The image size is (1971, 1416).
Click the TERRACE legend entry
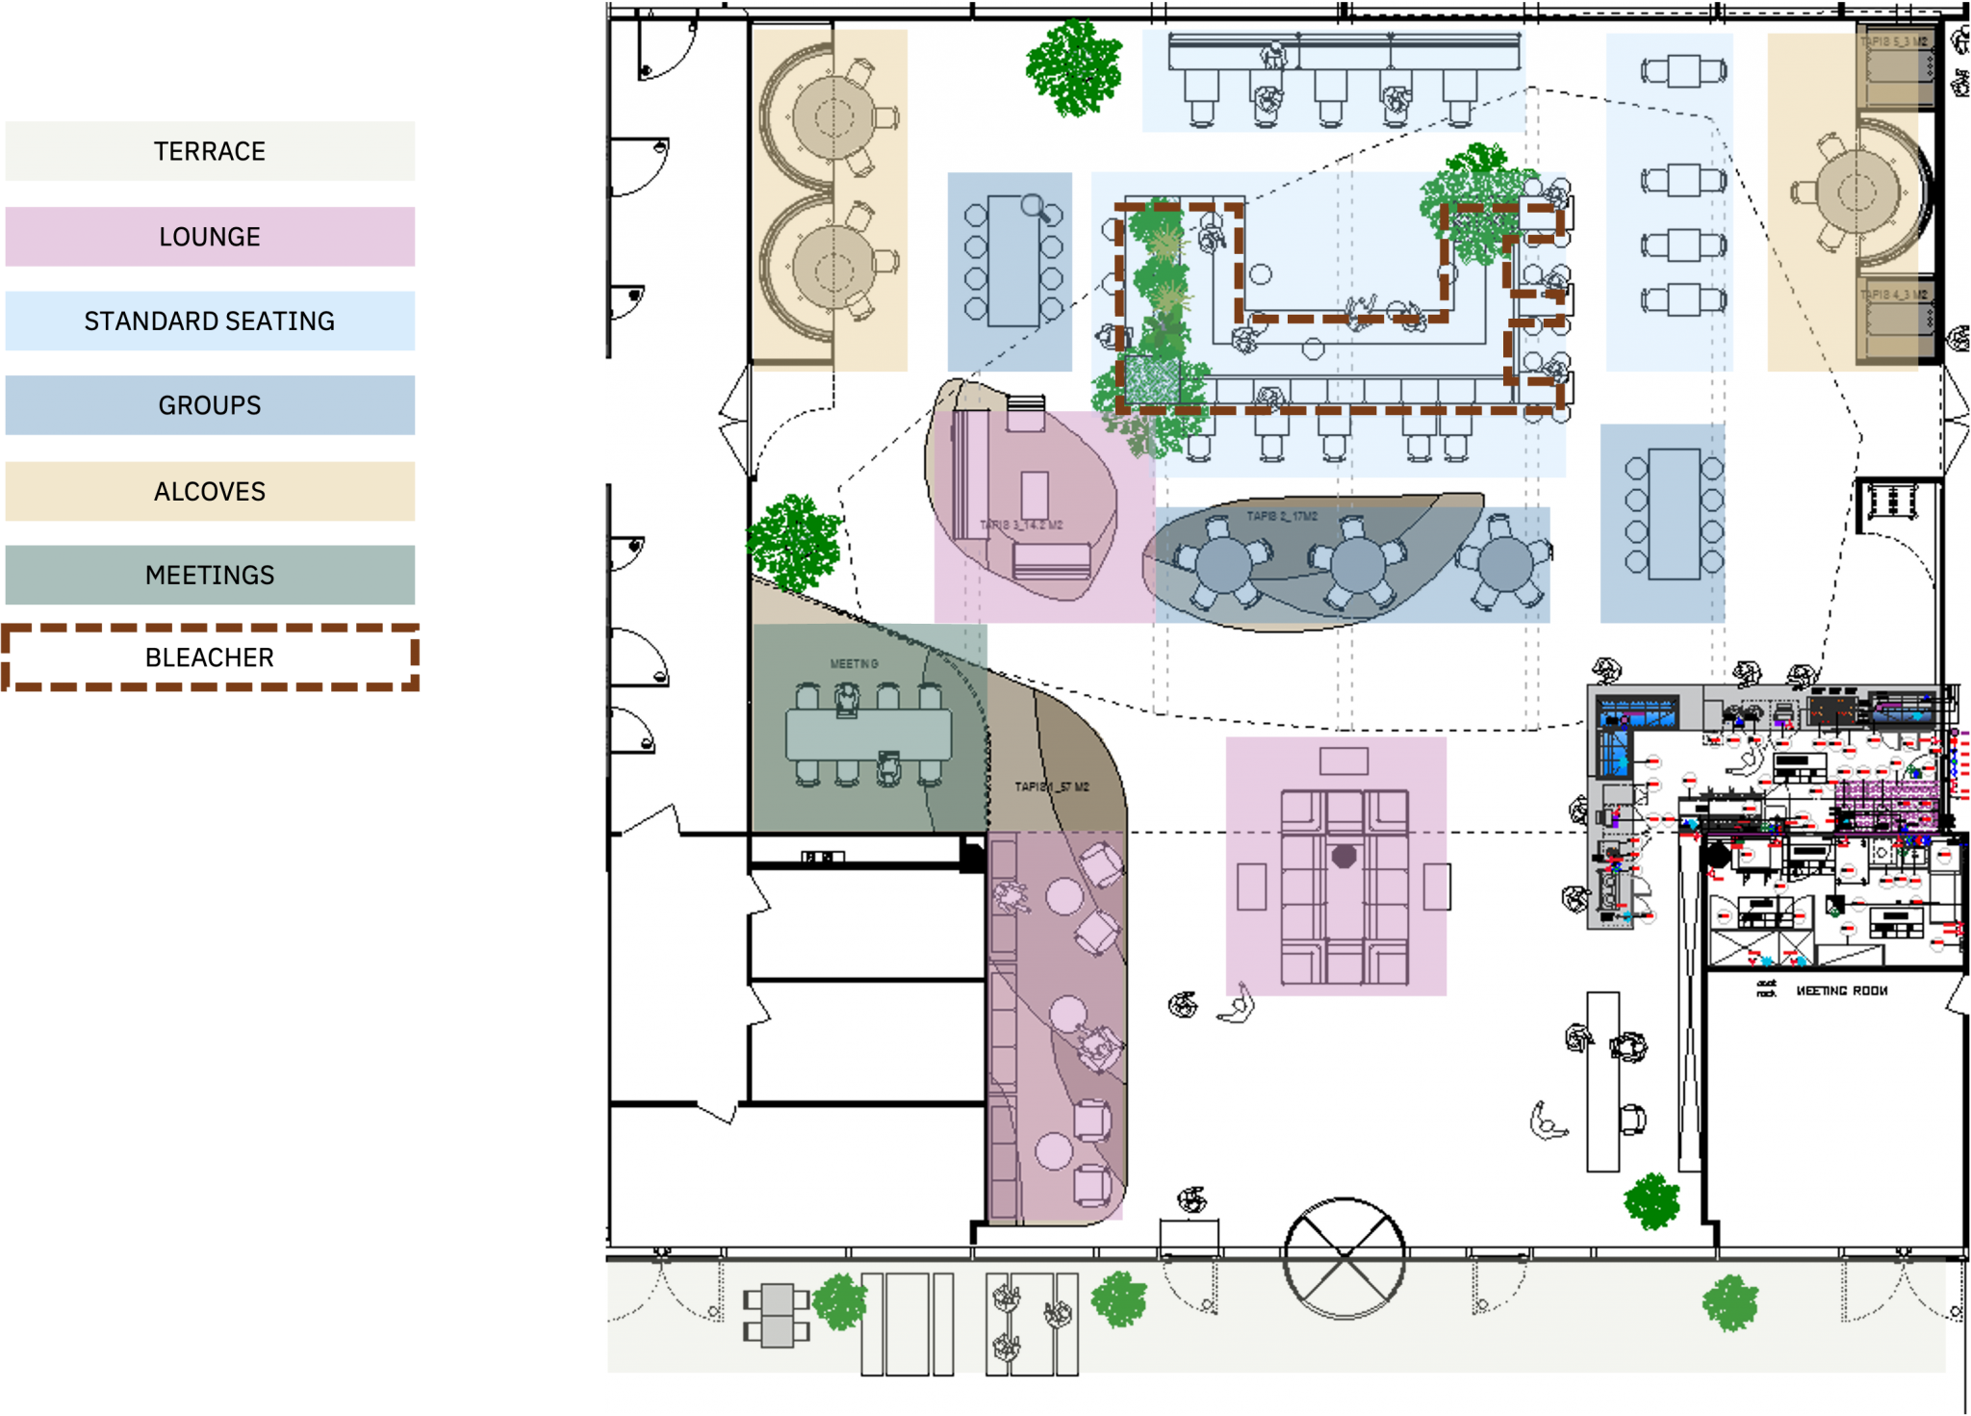(210, 151)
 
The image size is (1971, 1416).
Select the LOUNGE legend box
(210, 236)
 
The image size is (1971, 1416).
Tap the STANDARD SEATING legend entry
(210, 321)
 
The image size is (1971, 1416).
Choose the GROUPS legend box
(210, 405)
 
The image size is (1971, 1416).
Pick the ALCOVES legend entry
(210, 491)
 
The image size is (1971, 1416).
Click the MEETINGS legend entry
(210, 575)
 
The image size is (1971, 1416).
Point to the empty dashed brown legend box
(210, 657)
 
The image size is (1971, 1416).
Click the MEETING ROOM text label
(1841, 991)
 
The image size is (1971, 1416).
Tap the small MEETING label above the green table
(854, 664)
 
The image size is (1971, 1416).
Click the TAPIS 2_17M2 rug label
(1282, 517)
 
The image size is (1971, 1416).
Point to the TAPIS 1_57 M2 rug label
(1052, 786)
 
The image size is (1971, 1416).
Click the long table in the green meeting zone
(868, 734)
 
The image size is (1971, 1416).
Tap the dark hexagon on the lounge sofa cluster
(1344, 856)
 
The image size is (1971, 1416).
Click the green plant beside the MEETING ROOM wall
(1651, 1200)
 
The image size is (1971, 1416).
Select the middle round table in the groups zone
(1357, 565)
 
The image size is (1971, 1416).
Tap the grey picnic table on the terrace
(777, 1315)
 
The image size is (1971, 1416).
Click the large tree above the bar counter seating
(1074, 65)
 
